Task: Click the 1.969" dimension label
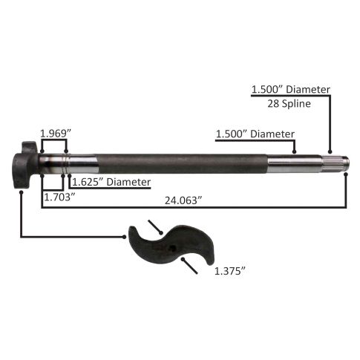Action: click(56, 134)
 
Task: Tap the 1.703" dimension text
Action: click(59, 197)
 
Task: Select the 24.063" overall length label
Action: click(183, 200)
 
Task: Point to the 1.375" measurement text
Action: click(229, 272)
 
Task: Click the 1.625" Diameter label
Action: click(111, 182)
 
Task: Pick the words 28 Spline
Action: click(289, 103)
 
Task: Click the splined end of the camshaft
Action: click(336, 162)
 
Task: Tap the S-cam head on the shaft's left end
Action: click(24, 165)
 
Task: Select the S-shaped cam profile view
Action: click(171, 243)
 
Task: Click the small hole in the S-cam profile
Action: click(173, 248)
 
